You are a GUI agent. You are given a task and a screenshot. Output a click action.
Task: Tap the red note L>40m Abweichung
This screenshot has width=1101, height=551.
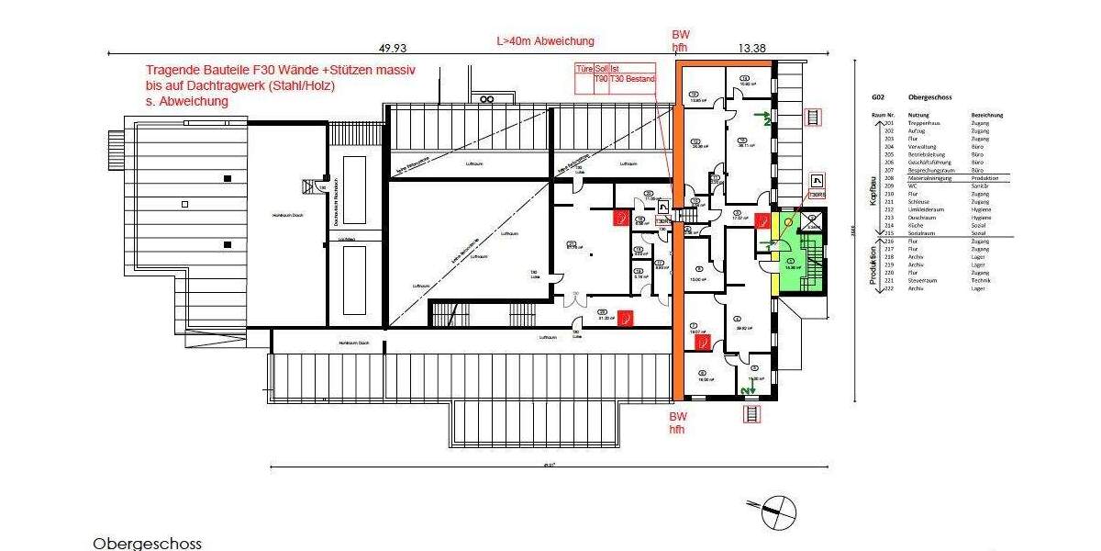click(x=545, y=40)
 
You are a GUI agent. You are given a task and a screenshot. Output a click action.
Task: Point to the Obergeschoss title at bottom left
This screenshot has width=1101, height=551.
click(x=147, y=544)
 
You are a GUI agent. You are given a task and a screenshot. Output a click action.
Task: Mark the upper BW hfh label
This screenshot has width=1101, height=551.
click(x=680, y=41)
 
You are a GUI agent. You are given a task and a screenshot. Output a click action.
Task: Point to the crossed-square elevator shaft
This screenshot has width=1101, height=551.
click(x=812, y=220)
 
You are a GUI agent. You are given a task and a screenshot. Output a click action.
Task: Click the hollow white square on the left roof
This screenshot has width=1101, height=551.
click(x=184, y=204)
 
